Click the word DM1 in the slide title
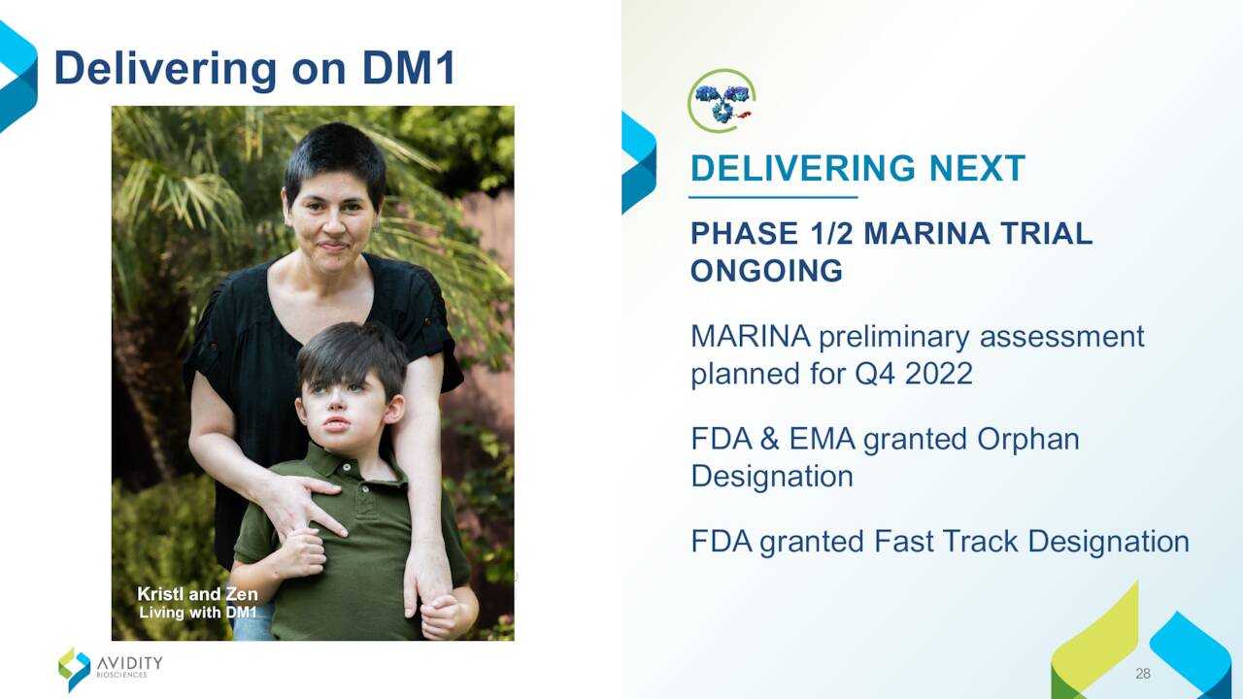tap(409, 68)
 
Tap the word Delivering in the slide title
tap(165, 69)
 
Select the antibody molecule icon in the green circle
tap(722, 101)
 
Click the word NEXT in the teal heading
tap(977, 168)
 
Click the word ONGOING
tap(767, 271)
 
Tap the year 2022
tap(938, 373)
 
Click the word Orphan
tap(1028, 441)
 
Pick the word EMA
tap(823, 439)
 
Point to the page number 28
tap(1143, 674)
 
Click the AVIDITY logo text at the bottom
tap(130, 663)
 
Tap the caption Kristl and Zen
tap(197, 594)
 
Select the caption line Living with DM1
tap(198, 613)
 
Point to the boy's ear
tap(394, 410)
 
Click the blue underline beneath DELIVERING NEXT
tap(773, 197)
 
